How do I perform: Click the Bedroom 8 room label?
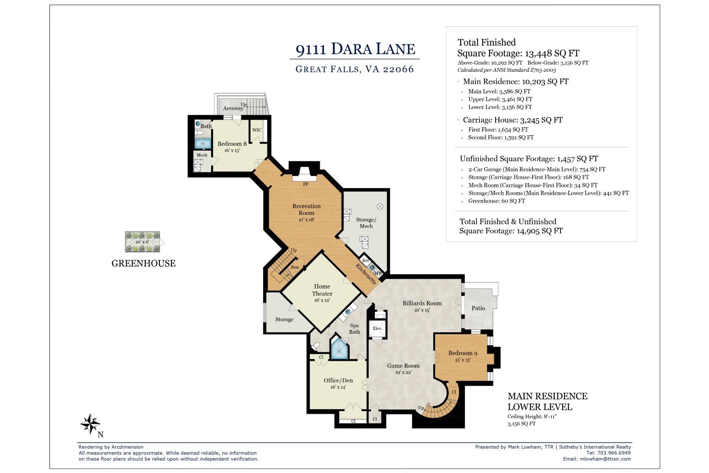232,144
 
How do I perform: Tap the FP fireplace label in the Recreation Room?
306,184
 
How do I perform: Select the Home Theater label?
322,290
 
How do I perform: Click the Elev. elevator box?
377,329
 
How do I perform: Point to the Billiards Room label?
422,303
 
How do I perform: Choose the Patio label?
478,308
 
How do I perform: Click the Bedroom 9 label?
463,353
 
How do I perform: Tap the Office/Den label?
338,380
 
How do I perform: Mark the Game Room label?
403,366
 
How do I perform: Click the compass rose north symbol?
91,425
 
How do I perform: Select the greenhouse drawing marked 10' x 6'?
143,242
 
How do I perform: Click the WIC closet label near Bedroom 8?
257,130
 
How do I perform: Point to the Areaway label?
233,108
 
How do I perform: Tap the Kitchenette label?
366,274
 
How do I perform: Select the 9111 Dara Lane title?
355,49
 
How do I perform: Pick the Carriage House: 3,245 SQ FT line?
512,120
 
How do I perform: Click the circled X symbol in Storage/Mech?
380,206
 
